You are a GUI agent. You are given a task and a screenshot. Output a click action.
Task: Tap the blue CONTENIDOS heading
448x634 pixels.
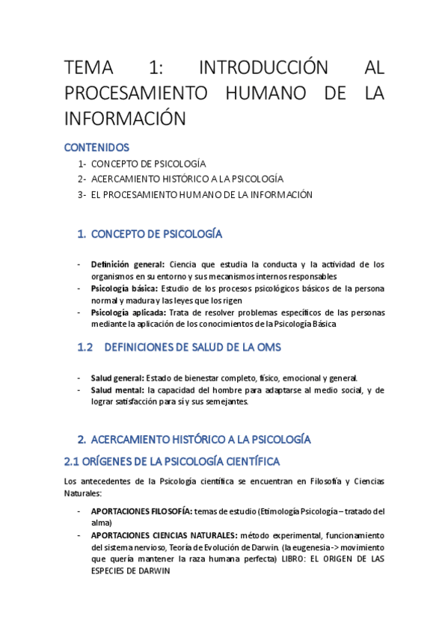click(x=96, y=147)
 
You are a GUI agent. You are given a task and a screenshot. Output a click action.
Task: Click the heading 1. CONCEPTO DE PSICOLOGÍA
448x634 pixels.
click(x=150, y=234)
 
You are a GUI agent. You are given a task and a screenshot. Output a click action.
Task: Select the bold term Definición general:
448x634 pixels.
click(x=128, y=264)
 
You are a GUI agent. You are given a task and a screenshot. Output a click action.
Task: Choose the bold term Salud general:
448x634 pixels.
click(x=117, y=378)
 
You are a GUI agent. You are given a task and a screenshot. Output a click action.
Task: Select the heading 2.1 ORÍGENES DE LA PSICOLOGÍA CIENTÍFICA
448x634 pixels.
click(x=173, y=461)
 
